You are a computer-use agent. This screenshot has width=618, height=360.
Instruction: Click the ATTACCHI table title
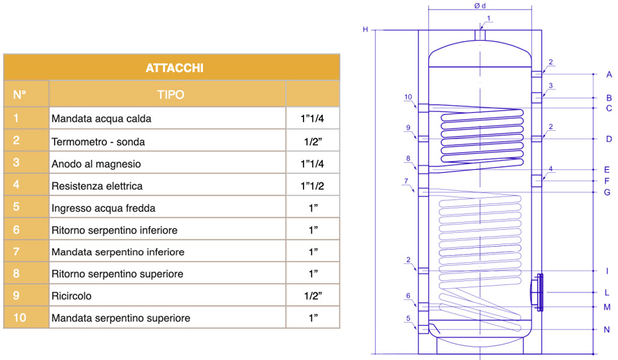point(174,68)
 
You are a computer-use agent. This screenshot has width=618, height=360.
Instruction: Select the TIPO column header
point(170,95)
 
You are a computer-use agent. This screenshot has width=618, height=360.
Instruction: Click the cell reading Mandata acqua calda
point(101,119)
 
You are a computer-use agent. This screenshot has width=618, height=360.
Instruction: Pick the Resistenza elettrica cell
point(97,186)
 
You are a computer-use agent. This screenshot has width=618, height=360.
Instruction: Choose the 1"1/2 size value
point(312,186)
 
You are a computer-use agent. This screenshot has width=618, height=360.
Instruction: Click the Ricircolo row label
point(71,296)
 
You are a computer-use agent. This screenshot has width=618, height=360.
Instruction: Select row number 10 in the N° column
point(20,318)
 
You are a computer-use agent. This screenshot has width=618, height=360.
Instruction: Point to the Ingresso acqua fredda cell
point(103,208)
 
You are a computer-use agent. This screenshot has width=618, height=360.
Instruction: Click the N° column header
point(20,95)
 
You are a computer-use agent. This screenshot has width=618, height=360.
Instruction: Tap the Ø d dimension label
point(479,6)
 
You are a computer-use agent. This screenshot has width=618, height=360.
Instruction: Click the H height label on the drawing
point(365,29)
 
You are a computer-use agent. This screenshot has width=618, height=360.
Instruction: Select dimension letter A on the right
point(608,74)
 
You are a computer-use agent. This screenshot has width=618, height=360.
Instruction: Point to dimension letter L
point(607,293)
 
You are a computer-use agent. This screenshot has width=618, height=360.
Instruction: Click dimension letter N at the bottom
point(607,330)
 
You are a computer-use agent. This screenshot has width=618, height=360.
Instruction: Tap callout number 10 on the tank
point(408,97)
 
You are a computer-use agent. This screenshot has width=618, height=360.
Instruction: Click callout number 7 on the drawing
point(406,181)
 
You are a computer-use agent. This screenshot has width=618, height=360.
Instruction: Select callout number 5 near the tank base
point(408,318)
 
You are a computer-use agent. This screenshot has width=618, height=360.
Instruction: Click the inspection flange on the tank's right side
point(540,292)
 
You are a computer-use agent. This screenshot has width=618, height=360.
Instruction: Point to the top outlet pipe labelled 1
point(480,35)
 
